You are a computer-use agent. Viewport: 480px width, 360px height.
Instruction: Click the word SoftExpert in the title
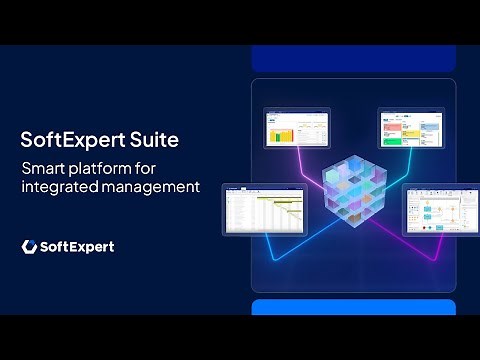pos(74,137)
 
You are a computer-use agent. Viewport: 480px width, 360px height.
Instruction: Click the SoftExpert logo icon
pos(30,246)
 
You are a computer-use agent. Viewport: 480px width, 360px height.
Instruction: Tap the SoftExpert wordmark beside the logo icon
pos(78,246)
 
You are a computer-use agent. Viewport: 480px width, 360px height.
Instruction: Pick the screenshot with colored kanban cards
pos(413,129)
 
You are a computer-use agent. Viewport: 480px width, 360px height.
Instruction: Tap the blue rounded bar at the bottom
pos(353,307)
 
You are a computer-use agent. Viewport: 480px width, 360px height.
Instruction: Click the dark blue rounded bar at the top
pos(353,57)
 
